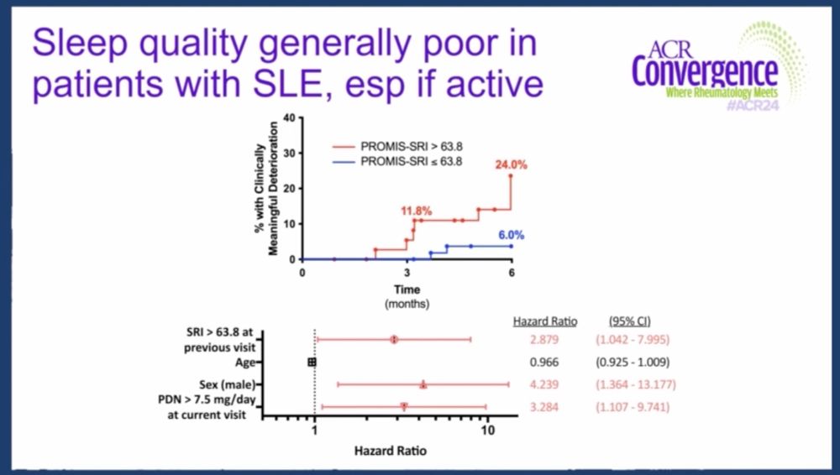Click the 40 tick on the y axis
pos(288,117)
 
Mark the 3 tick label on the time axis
pos(407,274)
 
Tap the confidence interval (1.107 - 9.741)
pos(635,407)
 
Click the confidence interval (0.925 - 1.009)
pos(635,362)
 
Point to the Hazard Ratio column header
pos(542,321)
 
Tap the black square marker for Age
pos(312,362)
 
